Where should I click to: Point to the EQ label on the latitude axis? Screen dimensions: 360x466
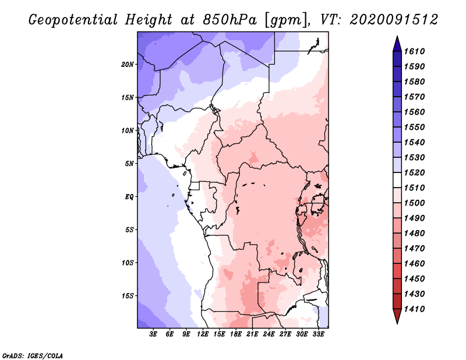coord(130,196)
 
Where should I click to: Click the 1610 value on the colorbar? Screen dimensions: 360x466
coord(415,51)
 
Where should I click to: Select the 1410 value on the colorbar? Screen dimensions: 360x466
coord(415,309)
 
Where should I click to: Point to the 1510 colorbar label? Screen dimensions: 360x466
coord(415,188)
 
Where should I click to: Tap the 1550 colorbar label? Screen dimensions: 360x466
coord(415,127)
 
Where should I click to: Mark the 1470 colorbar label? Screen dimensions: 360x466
coord(415,248)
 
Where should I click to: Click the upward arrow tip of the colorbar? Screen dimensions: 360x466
coord(397,37)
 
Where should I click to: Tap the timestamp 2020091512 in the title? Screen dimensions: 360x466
coord(394,20)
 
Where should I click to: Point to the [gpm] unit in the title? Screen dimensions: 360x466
coord(284,20)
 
